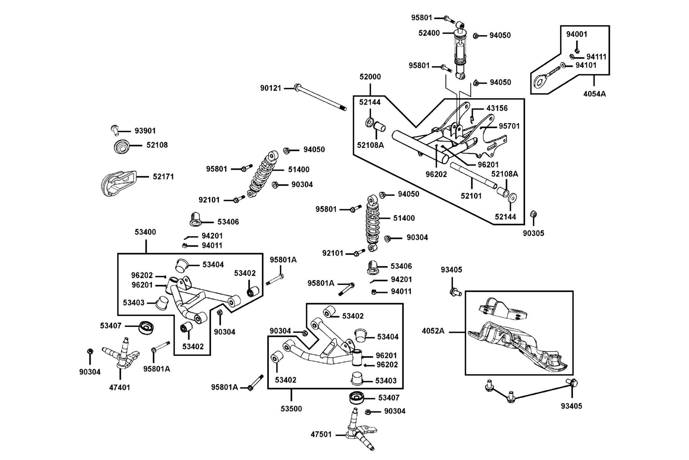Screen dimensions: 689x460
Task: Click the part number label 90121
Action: pyautogui.click(x=271, y=88)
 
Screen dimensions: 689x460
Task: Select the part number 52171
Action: pyautogui.click(x=163, y=177)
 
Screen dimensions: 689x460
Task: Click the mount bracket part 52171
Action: pyautogui.click(x=118, y=183)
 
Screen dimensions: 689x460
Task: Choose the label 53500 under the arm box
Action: pyautogui.click(x=291, y=409)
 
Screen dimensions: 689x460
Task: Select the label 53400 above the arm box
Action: pyautogui.click(x=145, y=232)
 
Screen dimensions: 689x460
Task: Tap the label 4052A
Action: pyautogui.click(x=433, y=331)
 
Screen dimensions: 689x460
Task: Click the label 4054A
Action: pyautogui.click(x=594, y=93)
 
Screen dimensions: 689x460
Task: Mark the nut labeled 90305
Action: pyautogui.click(x=533, y=214)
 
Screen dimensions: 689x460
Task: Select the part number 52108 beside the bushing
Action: pyautogui.click(x=157, y=145)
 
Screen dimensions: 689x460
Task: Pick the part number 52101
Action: pyautogui.click(x=471, y=196)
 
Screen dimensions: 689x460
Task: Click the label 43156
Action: pyautogui.click(x=497, y=108)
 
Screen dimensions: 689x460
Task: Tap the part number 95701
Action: pyautogui.click(x=509, y=126)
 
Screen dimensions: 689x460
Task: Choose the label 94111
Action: pyautogui.click(x=596, y=57)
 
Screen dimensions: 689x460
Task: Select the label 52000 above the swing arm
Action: pyautogui.click(x=370, y=77)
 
